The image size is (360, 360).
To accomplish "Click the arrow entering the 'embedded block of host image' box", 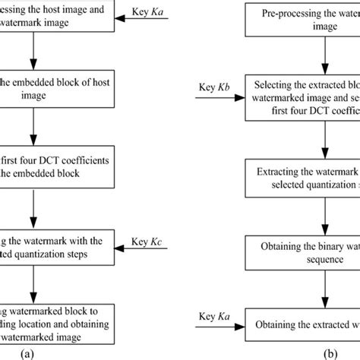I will coord(32,62).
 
